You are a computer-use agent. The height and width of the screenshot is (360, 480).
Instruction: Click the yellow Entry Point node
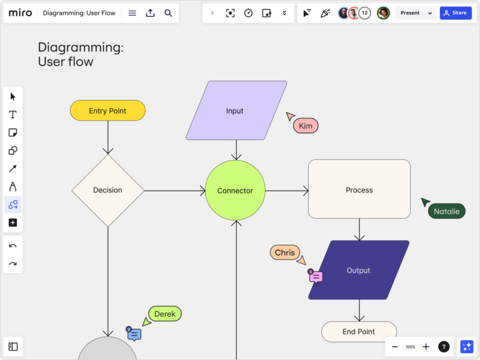pos(107,111)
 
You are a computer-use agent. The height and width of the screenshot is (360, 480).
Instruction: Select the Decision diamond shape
pos(107,190)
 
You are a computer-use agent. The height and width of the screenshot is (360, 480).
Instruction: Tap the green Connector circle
pos(235,191)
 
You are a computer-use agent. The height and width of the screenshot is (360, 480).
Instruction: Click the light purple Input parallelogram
pos(236,111)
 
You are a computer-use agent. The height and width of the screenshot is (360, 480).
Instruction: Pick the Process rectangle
pos(359,189)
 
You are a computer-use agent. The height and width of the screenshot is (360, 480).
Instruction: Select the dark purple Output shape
pos(359,270)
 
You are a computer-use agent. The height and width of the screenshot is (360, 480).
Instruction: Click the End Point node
pos(359,332)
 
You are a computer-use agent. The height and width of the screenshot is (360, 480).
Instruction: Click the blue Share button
pos(456,12)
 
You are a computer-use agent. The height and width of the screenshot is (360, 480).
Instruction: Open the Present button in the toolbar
pos(410,12)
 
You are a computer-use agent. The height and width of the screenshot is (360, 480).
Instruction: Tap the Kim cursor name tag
pos(306,126)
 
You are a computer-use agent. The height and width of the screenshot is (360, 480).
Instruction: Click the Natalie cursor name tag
pos(446,211)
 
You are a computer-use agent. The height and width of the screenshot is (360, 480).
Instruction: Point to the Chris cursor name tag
pos(284,252)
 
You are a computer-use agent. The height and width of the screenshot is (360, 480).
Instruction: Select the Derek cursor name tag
pos(165,314)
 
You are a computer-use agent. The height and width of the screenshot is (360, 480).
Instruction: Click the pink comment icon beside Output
pos(316,276)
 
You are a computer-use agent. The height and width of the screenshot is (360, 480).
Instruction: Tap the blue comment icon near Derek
pos(134,334)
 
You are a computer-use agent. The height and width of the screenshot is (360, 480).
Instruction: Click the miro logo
pos(21,12)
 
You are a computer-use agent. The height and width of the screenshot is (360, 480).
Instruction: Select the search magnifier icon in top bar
pos(168,12)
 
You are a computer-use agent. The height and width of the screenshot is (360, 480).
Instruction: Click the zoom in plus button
pos(426,346)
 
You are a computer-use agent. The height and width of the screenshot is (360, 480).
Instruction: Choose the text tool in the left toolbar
pos(12,114)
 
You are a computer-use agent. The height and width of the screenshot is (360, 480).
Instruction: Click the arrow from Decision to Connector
pos(175,191)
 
